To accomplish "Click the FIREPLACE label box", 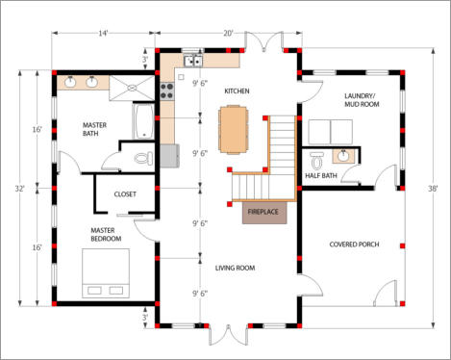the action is pyautogui.click(x=264, y=213).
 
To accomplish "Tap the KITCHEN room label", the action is pyautogui.click(x=237, y=91).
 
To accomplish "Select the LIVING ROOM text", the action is pyautogui.click(x=235, y=268).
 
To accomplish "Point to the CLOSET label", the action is pyautogui.click(x=125, y=194).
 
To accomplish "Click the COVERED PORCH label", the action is pyautogui.click(x=354, y=244).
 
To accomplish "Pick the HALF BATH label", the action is pyautogui.click(x=321, y=175).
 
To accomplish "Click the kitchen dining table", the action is pyautogui.click(x=234, y=130).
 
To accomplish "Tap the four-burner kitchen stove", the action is pyautogui.click(x=167, y=90).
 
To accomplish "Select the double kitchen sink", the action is pyautogui.click(x=193, y=61).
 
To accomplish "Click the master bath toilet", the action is pyautogui.click(x=144, y=158).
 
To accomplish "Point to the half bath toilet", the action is pyautogui.click(x=317, y=161).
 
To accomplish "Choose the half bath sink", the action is pyautogui.click(x=343, y=156).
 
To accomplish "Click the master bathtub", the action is pyautogui.click(x=143, y=121).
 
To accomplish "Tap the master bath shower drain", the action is pyautogui.click(x=132, y=88).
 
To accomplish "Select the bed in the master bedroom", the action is pyautogui.click(x=106, y=273).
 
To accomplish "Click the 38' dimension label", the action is pyautogui.click(x=433, y=189).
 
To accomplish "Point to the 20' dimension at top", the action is pyautogui.click(x=228, y=33).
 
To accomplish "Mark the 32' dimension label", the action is pyautogui.click(x=20, y=189).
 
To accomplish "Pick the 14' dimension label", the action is pyautogui.click(x=103, y=33).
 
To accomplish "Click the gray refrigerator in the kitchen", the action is pyautogui.click(x=169, y=156).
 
